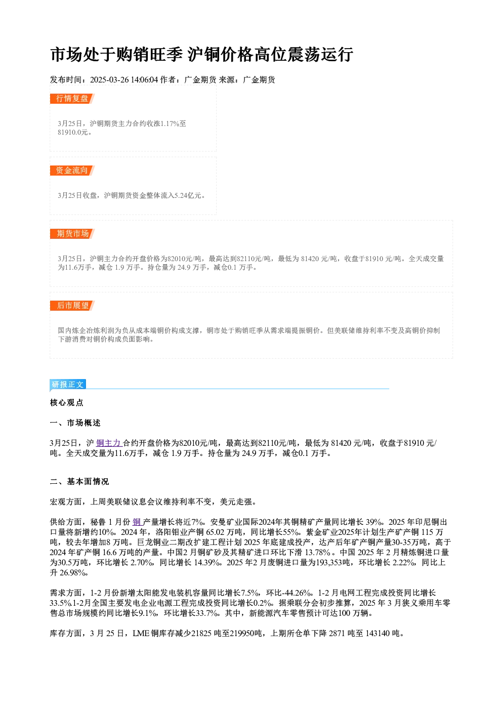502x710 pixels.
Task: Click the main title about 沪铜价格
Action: pos(201,54)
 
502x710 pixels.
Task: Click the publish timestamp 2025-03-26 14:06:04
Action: pos(124,79)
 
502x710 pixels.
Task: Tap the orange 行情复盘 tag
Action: pos(72,99)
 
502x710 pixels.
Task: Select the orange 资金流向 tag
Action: pos(72,171)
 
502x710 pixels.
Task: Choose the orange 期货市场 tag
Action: pos(72,234)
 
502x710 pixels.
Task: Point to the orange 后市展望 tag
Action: pos(72,306)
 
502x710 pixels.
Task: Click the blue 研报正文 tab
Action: pos(68,384)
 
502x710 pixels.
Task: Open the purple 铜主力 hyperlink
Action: pos(109,443)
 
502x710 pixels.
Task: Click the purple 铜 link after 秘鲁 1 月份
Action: pos(137,522)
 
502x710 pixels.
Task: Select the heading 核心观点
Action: pos(67,403)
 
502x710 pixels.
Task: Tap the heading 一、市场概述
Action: pos(75,423)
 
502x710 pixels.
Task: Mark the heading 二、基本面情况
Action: pos(79,482)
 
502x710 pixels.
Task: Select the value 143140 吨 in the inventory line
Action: pos(383,633)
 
